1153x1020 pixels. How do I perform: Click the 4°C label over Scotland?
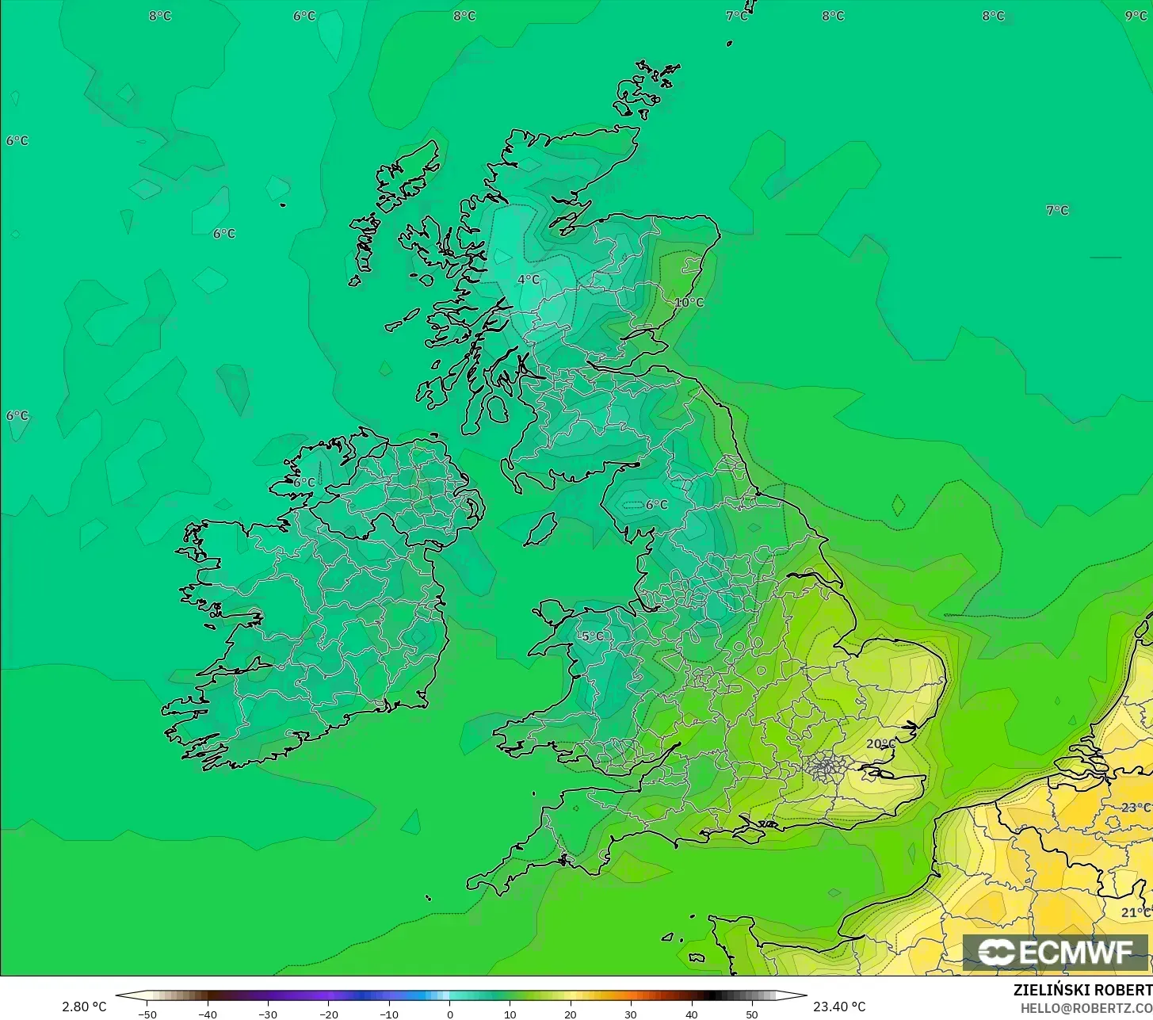pos(529,280)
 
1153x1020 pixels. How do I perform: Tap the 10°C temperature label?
pos(689,302)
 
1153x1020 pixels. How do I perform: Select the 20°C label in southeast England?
pos(880,743)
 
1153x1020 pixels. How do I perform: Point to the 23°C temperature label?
pos(1136,808)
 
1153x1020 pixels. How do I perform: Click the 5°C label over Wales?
pos(591,636)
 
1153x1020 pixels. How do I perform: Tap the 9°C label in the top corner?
pos(1136,16)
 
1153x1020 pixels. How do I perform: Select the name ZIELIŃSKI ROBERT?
pos(1082,990)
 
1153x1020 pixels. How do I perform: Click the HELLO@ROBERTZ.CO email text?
pos(1086,1007)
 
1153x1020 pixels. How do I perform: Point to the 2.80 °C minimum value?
pos(84,1007)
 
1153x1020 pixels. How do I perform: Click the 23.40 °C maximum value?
pos(839,1007)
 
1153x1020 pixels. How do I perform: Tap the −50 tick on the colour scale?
pos(147,1014)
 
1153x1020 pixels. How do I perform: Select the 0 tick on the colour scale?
pos(449,1014)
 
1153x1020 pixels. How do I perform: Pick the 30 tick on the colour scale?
pos(631,1014)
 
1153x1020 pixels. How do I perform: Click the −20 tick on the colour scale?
pos(328,1014)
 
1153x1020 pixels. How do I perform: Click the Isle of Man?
pos(541,529)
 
